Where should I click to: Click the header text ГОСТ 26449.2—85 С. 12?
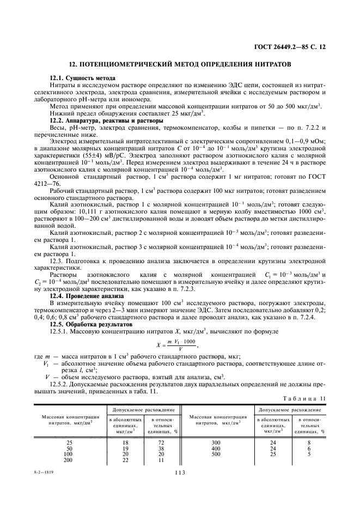(x=290, y=48)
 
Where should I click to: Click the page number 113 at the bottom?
(x=180, y=473)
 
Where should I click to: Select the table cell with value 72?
(x=161, y=442)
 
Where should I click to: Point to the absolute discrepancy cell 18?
(x=126, y=442)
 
